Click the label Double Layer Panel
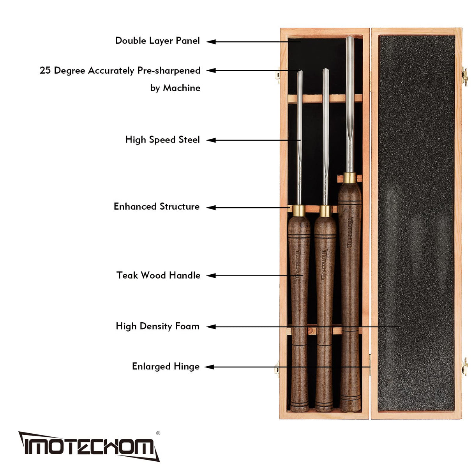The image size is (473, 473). (157, 41)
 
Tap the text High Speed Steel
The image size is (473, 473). (162, 139)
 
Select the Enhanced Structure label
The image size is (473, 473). (156, 206)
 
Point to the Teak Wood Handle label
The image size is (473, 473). (158, 275)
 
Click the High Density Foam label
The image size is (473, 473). (157, 326)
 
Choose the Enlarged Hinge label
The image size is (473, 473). (166, 366)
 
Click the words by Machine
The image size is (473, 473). (175, 88)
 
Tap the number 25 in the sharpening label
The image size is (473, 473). (45, 71)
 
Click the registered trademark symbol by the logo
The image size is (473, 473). (158, 433)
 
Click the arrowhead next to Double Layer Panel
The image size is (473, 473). (211, 42)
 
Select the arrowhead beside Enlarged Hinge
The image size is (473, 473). (209, 367)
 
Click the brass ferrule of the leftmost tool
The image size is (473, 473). (299, 210)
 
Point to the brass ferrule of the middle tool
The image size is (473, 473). (325, 211)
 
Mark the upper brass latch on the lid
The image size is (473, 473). (464, 76)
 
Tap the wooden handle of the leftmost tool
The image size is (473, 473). (299, 312)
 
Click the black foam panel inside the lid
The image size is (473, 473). (416, 222)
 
